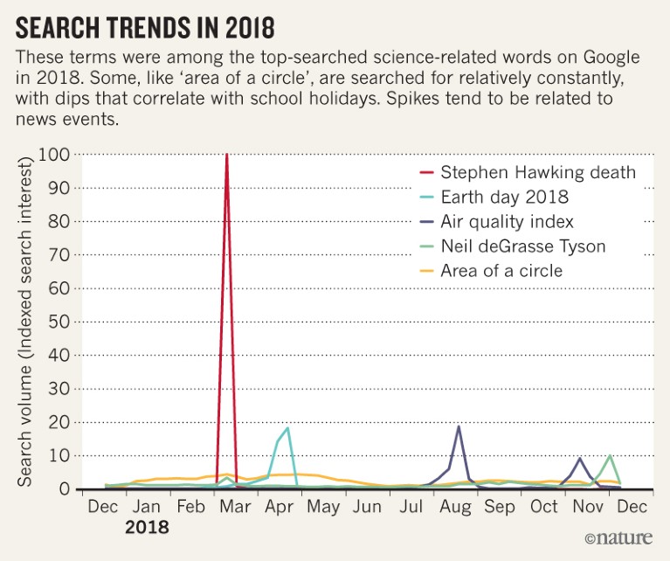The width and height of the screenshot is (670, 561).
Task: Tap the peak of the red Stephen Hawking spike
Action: [227, 155]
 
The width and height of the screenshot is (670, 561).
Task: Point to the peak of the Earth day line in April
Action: [287, 428]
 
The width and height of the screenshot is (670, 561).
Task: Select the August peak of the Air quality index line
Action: [459, 426]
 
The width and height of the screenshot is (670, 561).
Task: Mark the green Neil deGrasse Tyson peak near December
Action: [610, 455]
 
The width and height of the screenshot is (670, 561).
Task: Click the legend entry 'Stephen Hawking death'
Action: [538, 171]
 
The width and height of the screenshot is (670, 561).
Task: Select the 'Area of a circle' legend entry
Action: [501, 271]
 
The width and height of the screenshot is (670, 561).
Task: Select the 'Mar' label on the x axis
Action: [236, 507]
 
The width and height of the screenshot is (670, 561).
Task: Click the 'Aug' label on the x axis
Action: [456, 507]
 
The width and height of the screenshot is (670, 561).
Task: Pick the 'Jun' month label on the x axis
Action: [368, 507]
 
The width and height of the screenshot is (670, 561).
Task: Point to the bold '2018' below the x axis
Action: [147, 528]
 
